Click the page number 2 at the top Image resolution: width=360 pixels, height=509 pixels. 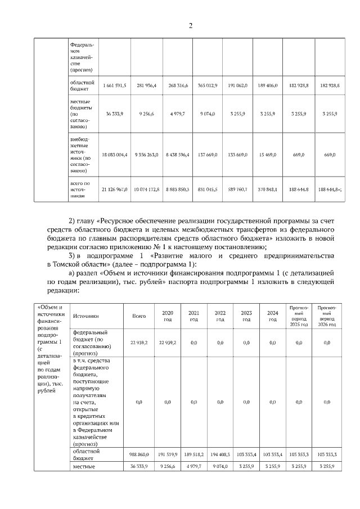191,25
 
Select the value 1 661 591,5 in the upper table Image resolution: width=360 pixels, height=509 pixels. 115,85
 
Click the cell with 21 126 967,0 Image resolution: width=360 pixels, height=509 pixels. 115,190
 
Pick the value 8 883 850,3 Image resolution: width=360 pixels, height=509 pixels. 177,190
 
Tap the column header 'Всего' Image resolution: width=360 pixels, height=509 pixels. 139,316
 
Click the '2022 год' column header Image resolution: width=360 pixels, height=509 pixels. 220,316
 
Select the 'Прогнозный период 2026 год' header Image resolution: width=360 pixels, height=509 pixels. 327,316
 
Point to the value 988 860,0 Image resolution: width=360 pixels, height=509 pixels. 139,453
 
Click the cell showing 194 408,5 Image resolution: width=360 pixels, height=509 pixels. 220,453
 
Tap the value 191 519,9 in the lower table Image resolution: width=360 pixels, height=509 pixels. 168,453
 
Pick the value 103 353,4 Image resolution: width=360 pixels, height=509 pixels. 246,453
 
